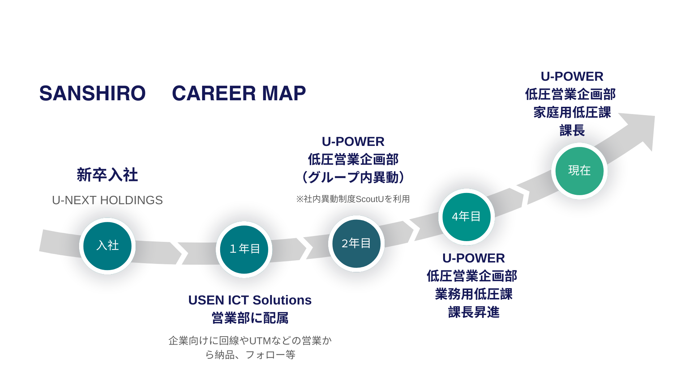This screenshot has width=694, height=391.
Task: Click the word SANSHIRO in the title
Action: coord(93,93)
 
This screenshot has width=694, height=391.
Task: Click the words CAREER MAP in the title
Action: coord(239,93)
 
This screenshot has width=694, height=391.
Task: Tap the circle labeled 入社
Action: coord(107,246)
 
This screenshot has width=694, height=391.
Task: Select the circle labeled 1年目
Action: coord(244,249)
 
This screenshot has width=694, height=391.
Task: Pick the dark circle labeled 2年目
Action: coord(356,243)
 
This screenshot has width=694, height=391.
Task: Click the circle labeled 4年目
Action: coord(466,216)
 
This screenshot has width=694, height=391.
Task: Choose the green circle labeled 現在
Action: coord(579,171)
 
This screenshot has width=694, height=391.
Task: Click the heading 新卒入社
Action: coord(107,175)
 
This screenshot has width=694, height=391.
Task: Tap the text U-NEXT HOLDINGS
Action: coord(107,200)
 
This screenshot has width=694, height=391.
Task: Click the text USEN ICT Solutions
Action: coord(249,300)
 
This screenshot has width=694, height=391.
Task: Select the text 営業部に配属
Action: coord(249,318)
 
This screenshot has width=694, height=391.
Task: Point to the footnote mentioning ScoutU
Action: coord(353,199)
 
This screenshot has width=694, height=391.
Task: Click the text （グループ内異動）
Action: coord(353,177)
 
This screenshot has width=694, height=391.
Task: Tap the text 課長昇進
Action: coord(474,312)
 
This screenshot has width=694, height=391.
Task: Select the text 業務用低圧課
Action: coord(474,294)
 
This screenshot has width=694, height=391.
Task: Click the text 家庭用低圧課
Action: coord(572,112)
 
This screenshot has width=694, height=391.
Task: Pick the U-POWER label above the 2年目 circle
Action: coord(353,142)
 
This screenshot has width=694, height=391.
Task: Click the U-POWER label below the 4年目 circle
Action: coord(474,258)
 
